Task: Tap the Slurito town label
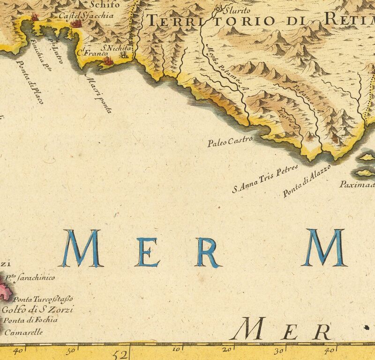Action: coord(238,10)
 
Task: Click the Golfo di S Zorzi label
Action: coord(38,310)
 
